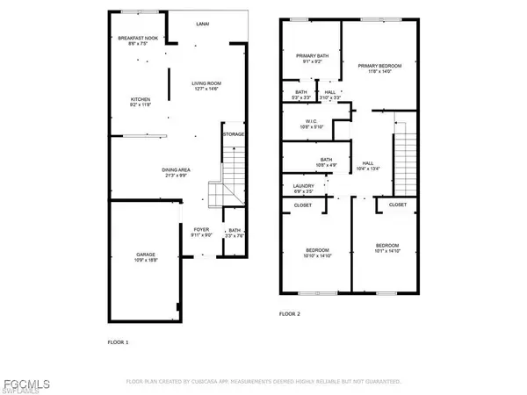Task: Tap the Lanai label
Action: (201, 26)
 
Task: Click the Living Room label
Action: (210, 84)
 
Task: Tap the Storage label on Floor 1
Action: (233, 134)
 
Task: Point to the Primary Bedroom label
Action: (379, 67)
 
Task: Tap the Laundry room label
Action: (302, 186)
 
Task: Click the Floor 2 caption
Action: (290, 313)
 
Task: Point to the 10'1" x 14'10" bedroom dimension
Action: (386, 248)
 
